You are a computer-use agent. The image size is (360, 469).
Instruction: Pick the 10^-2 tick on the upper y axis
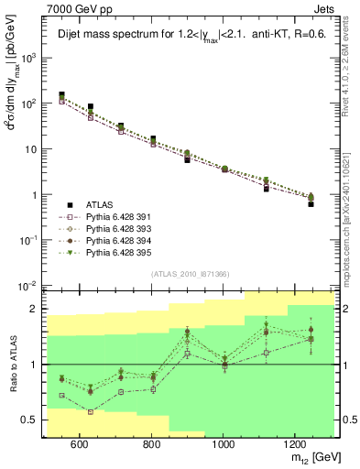(x=31, y=286)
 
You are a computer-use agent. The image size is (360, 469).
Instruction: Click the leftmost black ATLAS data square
(x=61, y=95)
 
